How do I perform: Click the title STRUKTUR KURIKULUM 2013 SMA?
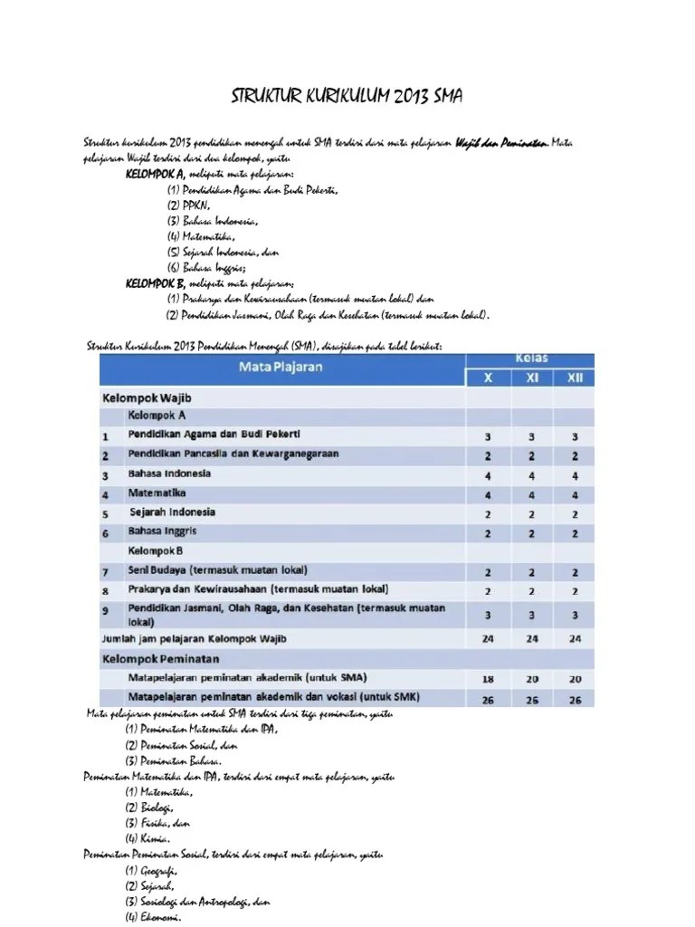tap(347, 96)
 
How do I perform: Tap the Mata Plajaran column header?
tap(280, 368)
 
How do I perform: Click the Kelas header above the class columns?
tap(532, 358)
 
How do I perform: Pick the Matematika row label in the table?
tap(157, 493)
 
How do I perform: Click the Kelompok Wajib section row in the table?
tap(147, 397)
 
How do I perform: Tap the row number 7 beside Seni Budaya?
tap(106, 572)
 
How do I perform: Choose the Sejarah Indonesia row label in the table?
tap(173, 512)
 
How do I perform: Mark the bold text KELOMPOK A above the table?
tap(156, 174)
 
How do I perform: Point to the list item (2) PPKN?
tap(188, 205)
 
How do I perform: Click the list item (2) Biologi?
tap(149, 807)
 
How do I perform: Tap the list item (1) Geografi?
tap(153, 870)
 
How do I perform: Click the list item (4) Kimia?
tap(148, 837)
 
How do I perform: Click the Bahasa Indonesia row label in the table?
tap(170, 473)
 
